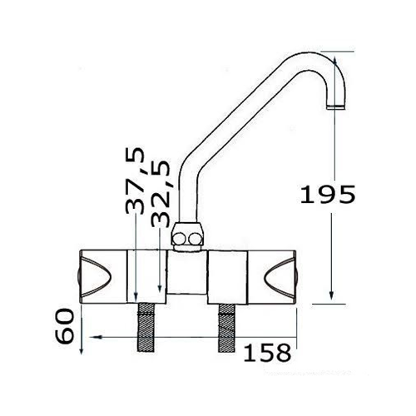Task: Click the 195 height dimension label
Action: click(x=328, y=194)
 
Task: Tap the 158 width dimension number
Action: click(x=267, y=353)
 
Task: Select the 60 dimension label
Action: click(x=65, y=326)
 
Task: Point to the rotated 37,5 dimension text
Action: click(x=135, y=181)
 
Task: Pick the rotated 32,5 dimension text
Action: click(x=161, y=194)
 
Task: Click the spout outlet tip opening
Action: click(x=336, y=107)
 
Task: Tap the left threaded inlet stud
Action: click(x=146, y=328)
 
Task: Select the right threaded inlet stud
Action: click(x=227, y=328)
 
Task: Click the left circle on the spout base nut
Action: click(x=179, y=239)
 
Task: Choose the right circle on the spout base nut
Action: click(x=195, y=240)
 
